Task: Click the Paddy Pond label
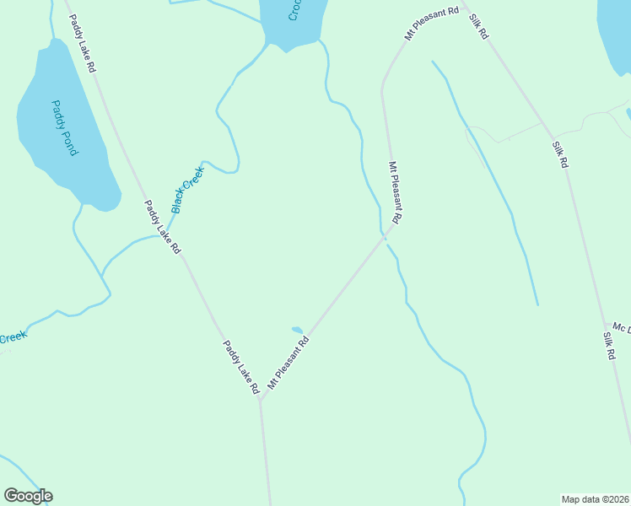point(65,127)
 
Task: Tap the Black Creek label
point(187,189)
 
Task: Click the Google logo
point(28,496)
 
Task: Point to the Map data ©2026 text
point(595,499)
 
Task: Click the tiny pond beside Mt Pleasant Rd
point(296,330)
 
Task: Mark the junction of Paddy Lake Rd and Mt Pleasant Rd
point(260,401)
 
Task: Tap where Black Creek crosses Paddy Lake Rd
point(168,234)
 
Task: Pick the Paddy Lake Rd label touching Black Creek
point(162,227)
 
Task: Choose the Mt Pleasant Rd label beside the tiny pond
point(289,363)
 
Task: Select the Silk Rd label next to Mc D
point(608,346)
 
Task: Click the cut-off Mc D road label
point(621,327)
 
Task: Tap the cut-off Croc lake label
point(294,10)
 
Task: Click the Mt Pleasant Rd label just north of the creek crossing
point(394,193)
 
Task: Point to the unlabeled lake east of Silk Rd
point(616,25)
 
